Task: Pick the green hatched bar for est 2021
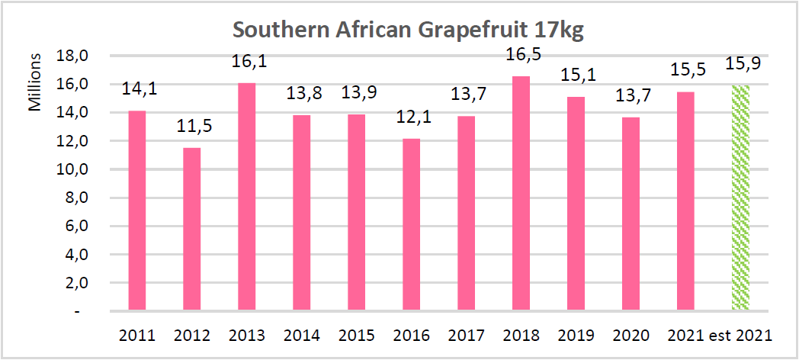click(740, 198)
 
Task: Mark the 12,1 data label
click(411, 121)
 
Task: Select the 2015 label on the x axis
click(356, 336)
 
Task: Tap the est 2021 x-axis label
click(740, 336)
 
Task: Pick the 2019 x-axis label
click(576, 336)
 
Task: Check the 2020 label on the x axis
click(631, 336)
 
